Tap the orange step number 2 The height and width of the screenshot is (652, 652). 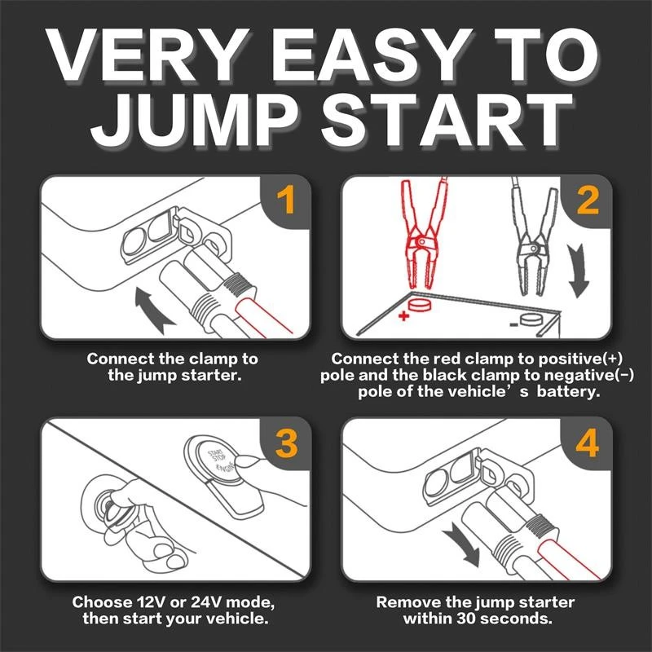588,200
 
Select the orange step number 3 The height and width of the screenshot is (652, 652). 286,443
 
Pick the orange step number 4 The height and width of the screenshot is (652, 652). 587,443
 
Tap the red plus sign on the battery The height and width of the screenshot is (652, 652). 403,316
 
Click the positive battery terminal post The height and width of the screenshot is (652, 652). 419,304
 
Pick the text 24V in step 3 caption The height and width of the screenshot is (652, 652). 207,601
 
